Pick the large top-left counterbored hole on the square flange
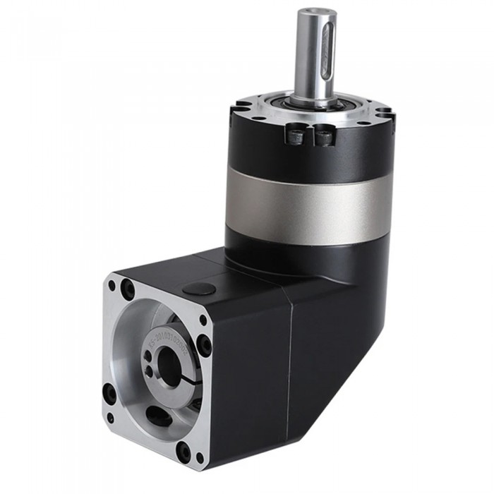[128, 289]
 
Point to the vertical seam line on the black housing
[289, 367]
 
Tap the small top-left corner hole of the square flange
[111, 286]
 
